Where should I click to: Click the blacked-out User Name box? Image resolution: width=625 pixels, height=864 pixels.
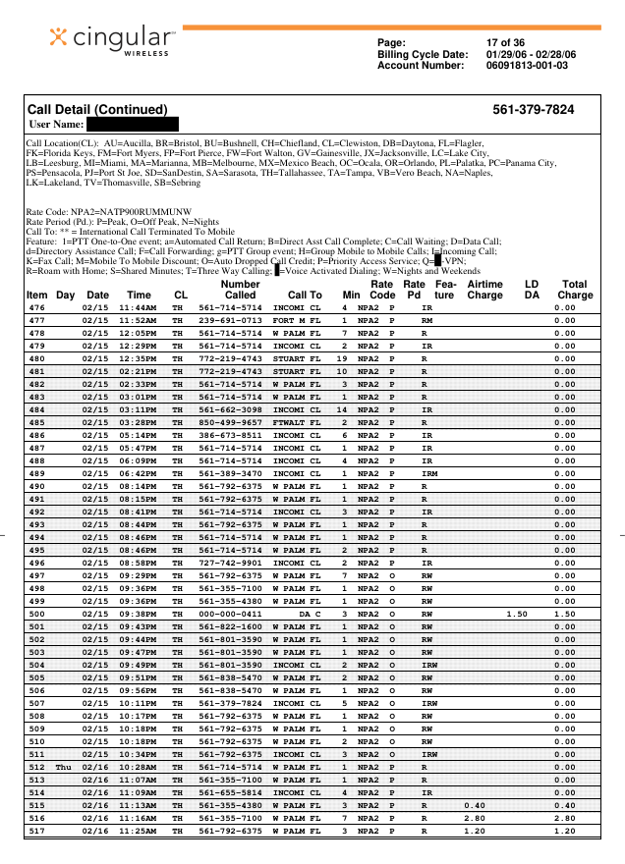click(x=132, y=125)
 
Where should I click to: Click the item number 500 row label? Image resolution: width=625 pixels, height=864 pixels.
click(x=36, y=615)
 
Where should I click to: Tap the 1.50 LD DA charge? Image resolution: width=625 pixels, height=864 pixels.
click(x=516, y=615)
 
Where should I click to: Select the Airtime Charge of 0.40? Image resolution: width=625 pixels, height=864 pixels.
click(x=475, y=803)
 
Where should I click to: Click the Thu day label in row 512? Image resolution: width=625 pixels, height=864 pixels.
click(x=64, y=767)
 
